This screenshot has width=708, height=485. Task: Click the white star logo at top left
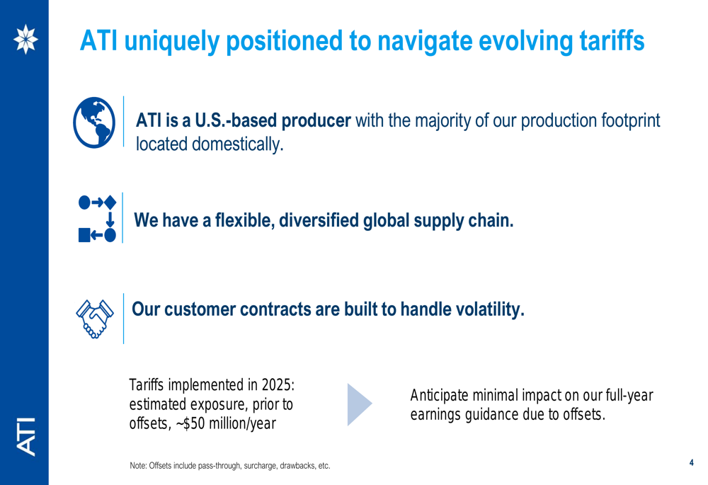(x=25, y=39)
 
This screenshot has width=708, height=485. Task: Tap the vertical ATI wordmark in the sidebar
(x=25, y=436)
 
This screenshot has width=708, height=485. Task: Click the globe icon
(x=94, y=122)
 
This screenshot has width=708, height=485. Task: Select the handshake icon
(x=95, y=319)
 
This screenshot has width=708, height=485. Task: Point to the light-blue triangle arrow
(x=360, y=404)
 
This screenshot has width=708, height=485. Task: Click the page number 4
(x=691, y=462)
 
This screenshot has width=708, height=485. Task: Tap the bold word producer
(x=316, y=121)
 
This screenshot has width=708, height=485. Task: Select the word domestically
(x=237, y=144)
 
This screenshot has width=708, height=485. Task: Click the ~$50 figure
(x=190, y=423)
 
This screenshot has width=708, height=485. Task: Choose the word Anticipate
(x=440, y=396)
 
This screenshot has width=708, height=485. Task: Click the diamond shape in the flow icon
(x=110, y=202)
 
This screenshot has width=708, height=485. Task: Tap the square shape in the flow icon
(x=84, y=235)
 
